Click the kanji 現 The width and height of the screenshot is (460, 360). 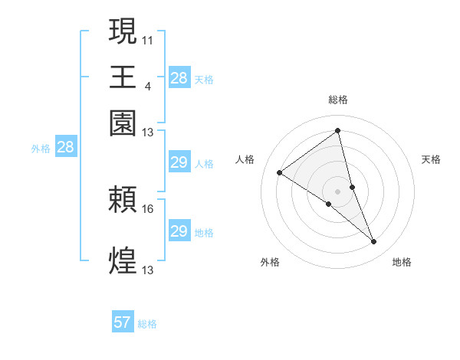point(123,32)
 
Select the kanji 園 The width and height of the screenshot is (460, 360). point(123,123)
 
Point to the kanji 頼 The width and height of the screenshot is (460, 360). point(123,201)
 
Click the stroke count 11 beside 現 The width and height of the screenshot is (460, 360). point(147,39)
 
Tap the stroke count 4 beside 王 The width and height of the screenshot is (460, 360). point(147,84)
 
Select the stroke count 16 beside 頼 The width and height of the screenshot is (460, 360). point(148,208)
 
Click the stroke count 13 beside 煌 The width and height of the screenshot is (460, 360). point(148,270)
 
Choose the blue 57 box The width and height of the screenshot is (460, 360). point(123,322)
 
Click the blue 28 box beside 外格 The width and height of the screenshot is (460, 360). point(65,148)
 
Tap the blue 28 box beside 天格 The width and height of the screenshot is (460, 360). point(179,78)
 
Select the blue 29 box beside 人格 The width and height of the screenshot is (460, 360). point(179,162)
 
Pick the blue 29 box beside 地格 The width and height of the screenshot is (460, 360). point(179,231)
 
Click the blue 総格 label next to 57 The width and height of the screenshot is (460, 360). point(147,324)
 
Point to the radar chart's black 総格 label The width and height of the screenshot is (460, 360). point(337,100)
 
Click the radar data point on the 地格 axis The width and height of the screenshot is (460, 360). point(374,242)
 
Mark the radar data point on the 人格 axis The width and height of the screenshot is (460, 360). point(279,172)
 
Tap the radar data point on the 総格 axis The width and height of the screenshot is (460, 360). point(337,130)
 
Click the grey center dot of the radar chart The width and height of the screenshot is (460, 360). point(337,191)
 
